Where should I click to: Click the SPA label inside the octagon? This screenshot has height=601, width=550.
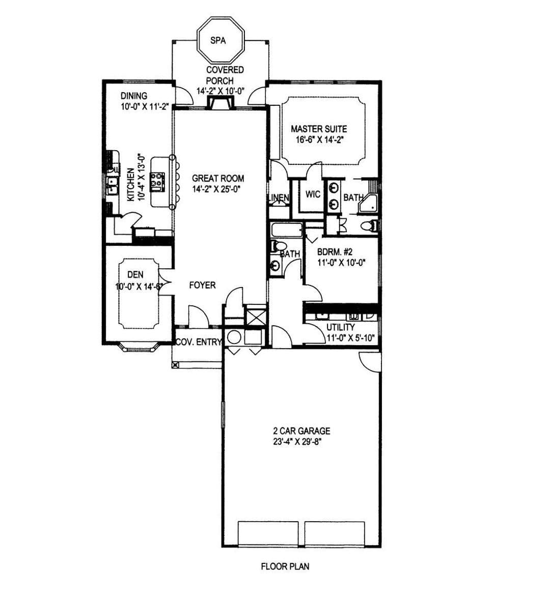218,40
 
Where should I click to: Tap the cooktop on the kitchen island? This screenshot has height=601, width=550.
157,182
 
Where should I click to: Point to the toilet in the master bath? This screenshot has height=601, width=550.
370,226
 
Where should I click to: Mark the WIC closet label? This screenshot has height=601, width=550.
313,194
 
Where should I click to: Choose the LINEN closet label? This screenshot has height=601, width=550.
278,198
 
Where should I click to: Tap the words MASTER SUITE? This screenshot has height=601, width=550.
319,129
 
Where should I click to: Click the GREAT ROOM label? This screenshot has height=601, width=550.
218,178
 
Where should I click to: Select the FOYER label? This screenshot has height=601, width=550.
203,285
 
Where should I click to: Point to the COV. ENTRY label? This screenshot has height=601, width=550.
198,342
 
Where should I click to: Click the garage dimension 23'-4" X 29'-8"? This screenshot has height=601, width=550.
297,442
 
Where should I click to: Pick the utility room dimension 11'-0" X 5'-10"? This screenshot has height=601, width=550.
350,338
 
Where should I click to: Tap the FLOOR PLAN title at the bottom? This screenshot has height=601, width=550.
285,566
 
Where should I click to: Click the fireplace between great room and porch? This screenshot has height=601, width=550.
220,103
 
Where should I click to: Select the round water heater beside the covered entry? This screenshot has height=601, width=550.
234,337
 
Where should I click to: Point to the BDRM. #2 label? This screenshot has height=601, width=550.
335,252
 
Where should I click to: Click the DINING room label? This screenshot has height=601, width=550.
134,96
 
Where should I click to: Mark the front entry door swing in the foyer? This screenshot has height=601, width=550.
199,316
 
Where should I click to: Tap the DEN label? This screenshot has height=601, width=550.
135,274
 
